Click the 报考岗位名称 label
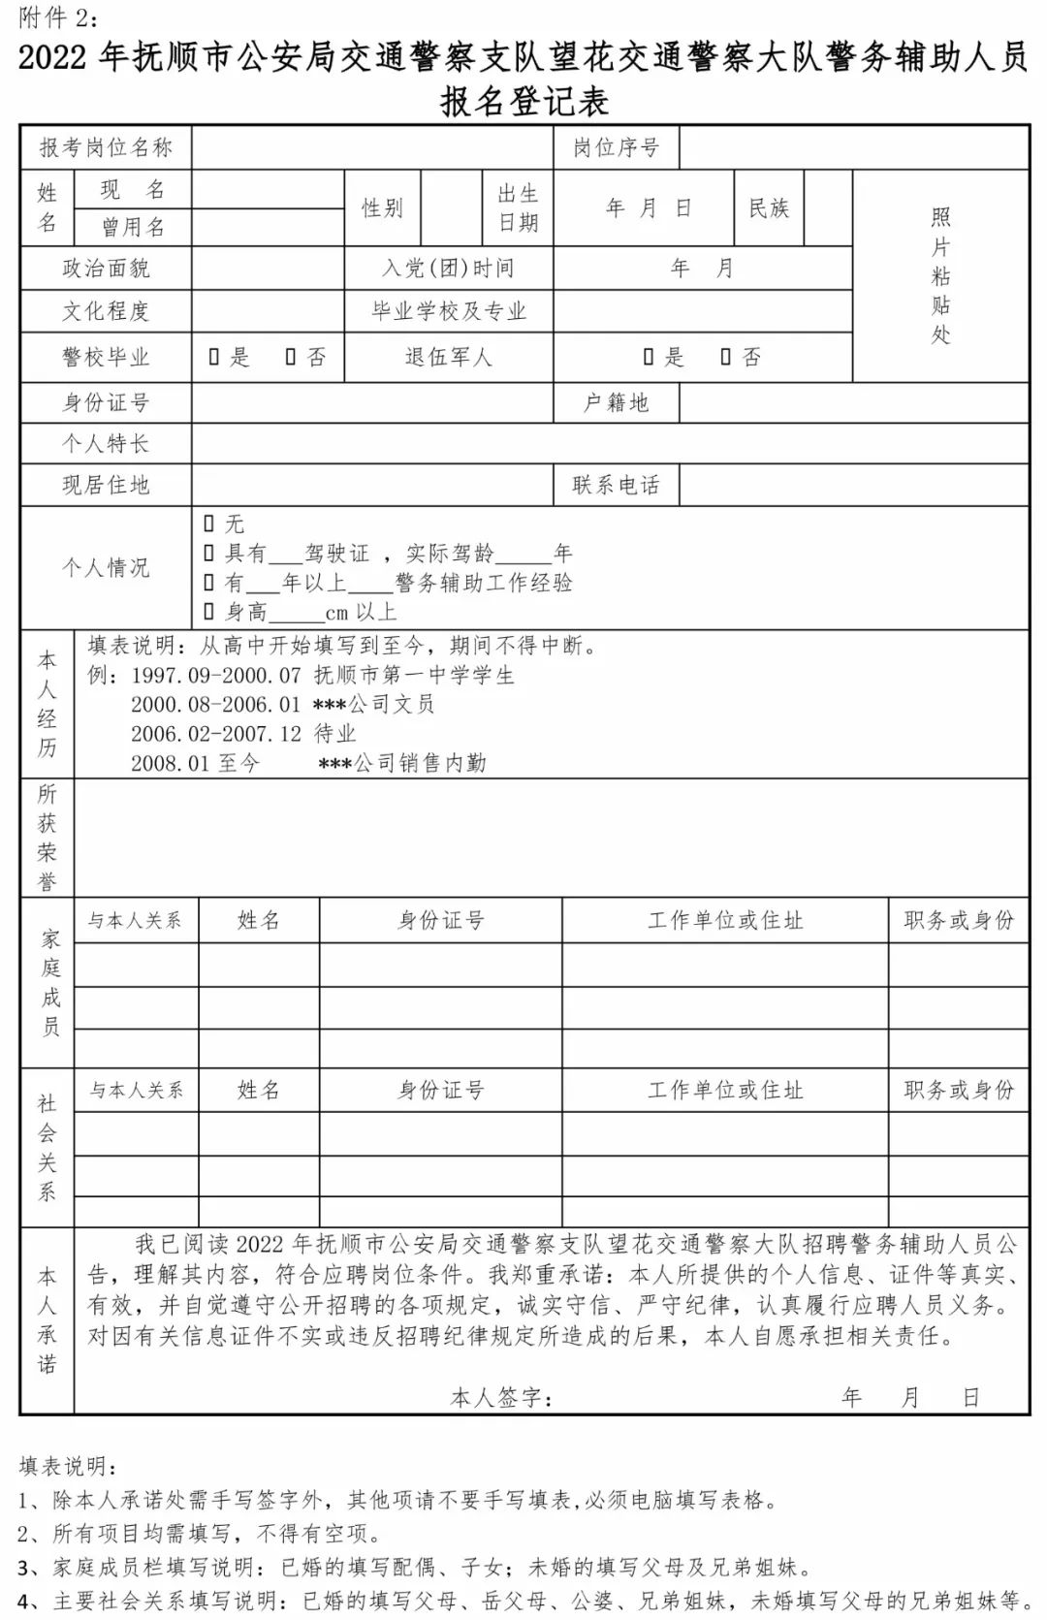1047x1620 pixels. [106, 147]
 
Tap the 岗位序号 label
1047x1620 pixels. [616, 147]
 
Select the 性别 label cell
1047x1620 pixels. [382, 207]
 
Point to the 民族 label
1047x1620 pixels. [769, 207]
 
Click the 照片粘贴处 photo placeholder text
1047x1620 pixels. [940, 275]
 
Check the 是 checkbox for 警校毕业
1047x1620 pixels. [214, 358]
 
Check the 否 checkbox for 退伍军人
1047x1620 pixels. [726, 358]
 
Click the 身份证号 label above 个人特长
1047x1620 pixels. [106, 402]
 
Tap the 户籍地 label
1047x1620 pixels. [616, 402]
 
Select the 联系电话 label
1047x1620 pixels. [616, 485]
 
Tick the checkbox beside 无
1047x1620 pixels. [209, 524]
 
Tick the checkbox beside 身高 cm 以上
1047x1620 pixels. [209, 612]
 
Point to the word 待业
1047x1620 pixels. [334, 734]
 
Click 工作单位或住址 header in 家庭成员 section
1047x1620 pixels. [725, 920]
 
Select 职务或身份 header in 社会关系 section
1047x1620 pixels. [958, 1090]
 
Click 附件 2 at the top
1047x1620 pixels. [57, 17]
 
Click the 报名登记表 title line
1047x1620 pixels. [524, 101]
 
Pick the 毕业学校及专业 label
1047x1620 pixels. [449, 311]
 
